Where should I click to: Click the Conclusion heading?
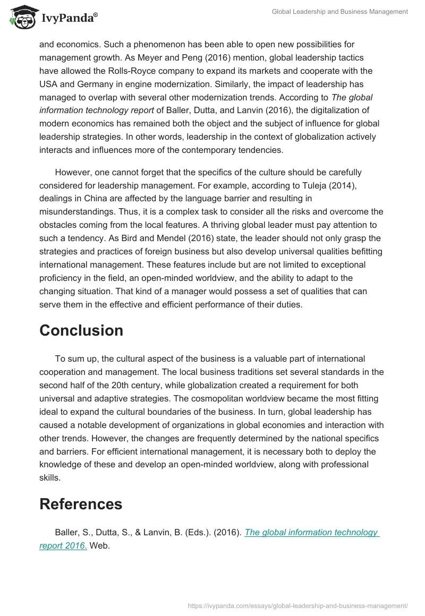81,330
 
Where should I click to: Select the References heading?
81,503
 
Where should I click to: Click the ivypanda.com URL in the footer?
297,605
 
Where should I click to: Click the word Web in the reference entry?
99,546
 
